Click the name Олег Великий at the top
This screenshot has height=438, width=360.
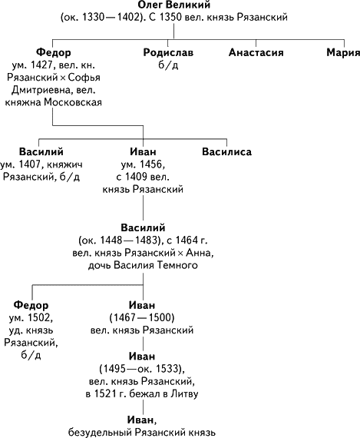pyautogui.click(x=174, y=5)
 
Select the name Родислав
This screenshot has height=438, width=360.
pyautogui.click(x=168, y=52)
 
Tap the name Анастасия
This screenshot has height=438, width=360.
pyautogui.click(x=256, y=52)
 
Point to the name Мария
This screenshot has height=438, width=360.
pyautogui.click(x=343, y=52)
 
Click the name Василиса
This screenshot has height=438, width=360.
pyautogui.click(x=226, y=151)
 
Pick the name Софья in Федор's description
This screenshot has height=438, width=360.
pyautogui.click(x=84, y=78)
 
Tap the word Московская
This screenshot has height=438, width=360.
pyautogui.click(x=73, y=102)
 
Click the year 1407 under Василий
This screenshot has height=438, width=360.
pyautogui.click(x=29, y=164)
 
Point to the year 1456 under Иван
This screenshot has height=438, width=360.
pyautogui.click(x=150, y=164)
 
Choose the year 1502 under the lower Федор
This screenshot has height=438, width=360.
pyautogui.click(x=41, y=317)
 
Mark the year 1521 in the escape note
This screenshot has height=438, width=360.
pyautogui.click(x=105, y=394)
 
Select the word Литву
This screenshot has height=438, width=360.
pyautogui.click(x=184, y=394)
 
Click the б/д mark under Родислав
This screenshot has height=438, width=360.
pyautogui.click(x=168, y=65)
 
